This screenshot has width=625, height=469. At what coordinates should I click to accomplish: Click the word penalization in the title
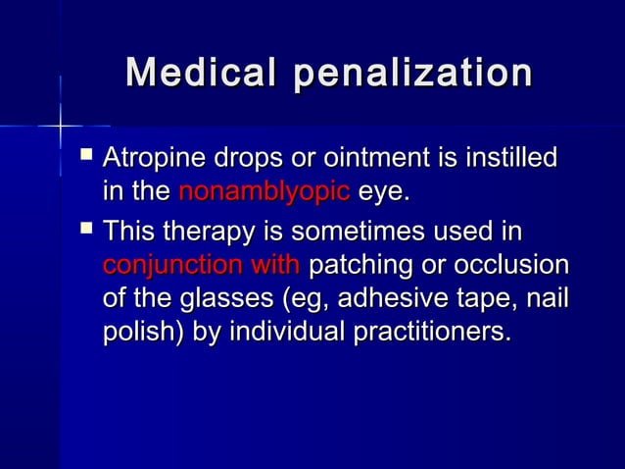[414, 74]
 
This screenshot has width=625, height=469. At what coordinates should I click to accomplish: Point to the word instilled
[509, 158]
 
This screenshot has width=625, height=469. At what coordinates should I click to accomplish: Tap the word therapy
[206, 234]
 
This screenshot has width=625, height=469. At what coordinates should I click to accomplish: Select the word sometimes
[358, 234]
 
